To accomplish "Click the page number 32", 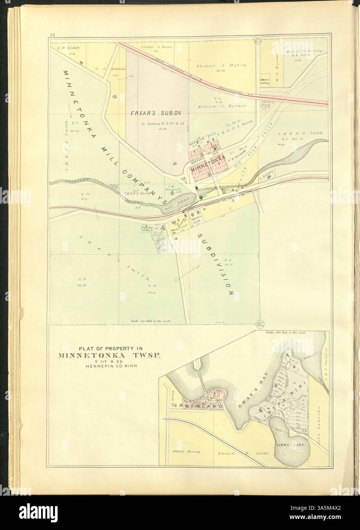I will [53, 35].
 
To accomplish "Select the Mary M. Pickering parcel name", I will [304, 51].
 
